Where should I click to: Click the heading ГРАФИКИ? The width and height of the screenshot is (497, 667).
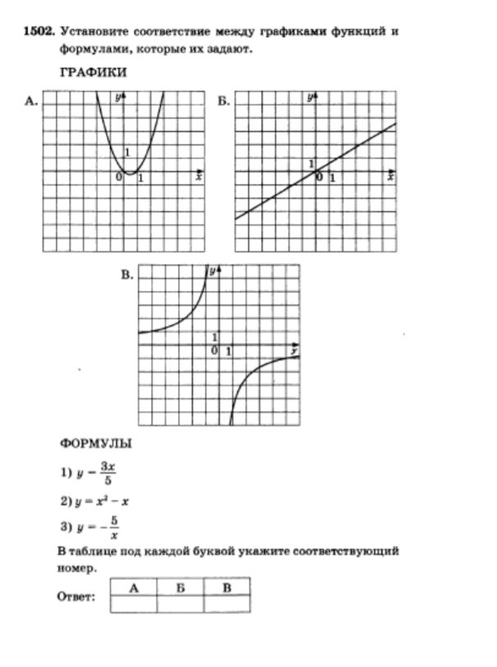pyautogui.click(x=93, y=72)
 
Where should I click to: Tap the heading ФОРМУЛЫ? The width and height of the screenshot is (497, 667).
pyautogui.click(x=95, y=443)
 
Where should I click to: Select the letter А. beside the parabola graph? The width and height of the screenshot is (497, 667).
pyautogui.click(x=32, y=102)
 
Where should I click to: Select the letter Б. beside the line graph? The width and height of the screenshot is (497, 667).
pyautogui.click(x=223, y=102)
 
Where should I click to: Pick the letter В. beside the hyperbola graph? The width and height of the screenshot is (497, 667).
pyautogui.click(x=127, y=275)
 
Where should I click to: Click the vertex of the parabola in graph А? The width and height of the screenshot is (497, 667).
pyautogui.click(x=130, y=172)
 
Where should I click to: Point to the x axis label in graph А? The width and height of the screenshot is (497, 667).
pyautogui.click(x=198, y=177)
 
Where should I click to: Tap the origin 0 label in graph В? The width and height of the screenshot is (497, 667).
pyautogui.click(x=213, y=350)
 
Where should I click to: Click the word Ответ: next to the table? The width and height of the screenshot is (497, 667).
pyautogui.click(x=76, y=597)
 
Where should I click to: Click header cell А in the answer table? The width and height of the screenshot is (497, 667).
pyautogui.click(x=133, y=587)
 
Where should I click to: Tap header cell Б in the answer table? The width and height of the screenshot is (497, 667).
pyautogui.click(x=180, y=587)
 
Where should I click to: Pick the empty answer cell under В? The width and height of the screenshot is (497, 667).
pyautogui.click(x=226, y=604)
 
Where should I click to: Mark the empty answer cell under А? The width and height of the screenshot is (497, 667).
pyautogui.click(x=133, y=604)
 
